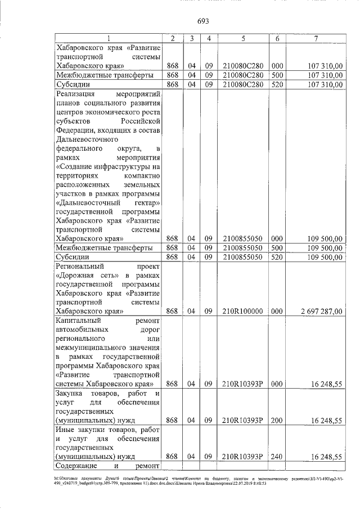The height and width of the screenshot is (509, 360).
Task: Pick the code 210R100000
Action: click(x=242, y=310)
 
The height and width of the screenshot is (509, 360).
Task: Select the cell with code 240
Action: click(x=277, y=456)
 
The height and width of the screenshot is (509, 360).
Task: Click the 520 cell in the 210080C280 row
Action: click(x=277, y=84)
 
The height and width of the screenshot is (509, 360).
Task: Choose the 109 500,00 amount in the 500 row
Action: click(x=326, y=247)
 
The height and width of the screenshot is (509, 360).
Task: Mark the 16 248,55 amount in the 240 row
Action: click(x=328, y=456)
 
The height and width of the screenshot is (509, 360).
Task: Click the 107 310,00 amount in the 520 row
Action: click(x=326, y=84)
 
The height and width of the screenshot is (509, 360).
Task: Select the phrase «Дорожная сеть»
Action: click(x=85, y=274)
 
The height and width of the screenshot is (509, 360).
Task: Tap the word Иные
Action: click(x=66, y=429)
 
